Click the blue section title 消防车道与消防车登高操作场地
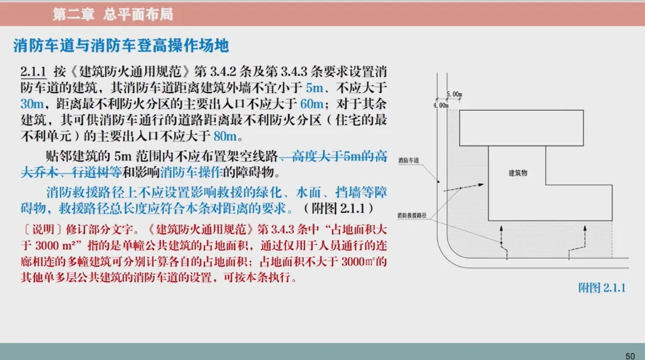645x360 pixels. click(x=121, y=45)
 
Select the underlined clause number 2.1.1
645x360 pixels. click(x=33, y=72)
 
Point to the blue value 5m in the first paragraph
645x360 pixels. click(x=314, y=88)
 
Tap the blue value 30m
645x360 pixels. click(x=30, y=104)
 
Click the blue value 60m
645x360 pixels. click(x=312, y=104)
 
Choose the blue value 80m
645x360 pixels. click(x=225, y=136)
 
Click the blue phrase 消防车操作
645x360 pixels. click(x=191, y=173)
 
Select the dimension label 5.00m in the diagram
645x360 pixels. click(x=454, y=94)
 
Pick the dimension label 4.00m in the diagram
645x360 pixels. click(x=440, y=106)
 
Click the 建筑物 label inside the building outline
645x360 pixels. click(x=518, y=173)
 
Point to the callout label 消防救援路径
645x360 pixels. click(x=412, y=214)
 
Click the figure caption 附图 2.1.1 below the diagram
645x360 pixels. click(x=601, y=288)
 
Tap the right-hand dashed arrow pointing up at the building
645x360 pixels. click(x=577, y=242)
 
